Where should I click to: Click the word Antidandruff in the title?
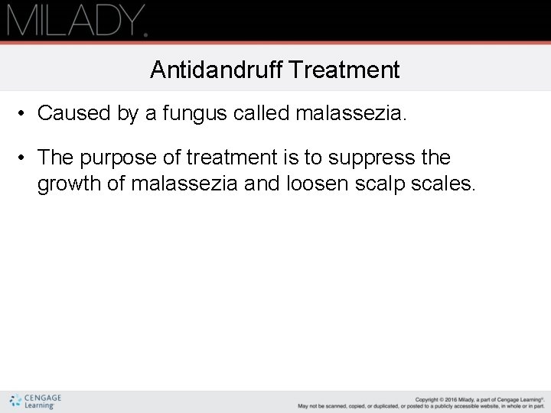[x=217, y=70]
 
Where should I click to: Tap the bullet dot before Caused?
[x=25, y=114]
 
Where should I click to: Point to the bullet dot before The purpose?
[x=25, y=158]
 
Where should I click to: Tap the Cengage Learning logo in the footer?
[x=36, y=401]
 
